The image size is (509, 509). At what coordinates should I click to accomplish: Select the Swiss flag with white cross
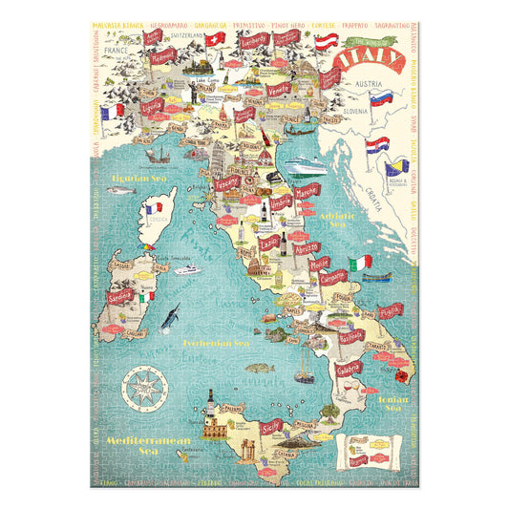(x=217, y=36)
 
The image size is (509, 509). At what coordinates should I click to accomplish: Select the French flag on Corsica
(x=153, y=210)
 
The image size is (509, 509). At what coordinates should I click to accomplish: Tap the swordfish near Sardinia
(x=170, y=315)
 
